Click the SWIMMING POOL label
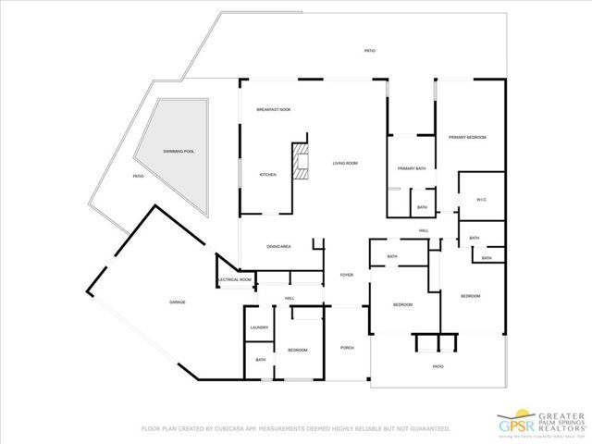179,151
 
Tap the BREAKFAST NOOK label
274,110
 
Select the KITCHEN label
268,175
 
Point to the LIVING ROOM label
345,163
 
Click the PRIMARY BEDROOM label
467,137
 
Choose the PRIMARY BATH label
411,168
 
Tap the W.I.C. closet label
481,200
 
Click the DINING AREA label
279,247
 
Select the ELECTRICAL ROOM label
234,279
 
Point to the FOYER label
347,275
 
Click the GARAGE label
178,302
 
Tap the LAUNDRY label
259,328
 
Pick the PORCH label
348,348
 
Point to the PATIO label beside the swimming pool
138,176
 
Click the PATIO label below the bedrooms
438,366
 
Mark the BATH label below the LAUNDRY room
261,360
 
